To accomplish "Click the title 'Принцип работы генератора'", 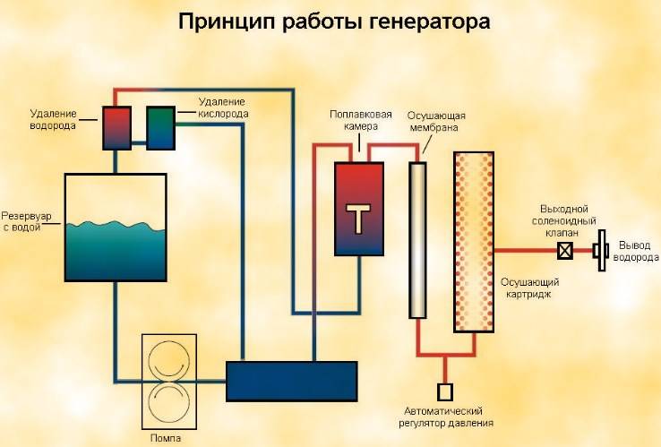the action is point(334,21).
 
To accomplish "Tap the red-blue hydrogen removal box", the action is point(116,128).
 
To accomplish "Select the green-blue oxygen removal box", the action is point(160,128).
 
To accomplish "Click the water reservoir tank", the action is point(116,228).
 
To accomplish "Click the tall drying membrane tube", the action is point(417,240).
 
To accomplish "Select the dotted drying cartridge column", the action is point(474,242).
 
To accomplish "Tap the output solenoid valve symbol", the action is point(565,251).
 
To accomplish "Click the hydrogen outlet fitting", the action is point(600,251).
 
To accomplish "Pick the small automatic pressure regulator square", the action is point(445,391).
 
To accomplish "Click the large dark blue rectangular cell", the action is point(292,382).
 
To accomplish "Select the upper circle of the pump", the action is point(169,360).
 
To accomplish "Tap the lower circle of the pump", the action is point(169,402).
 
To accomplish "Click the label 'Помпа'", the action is point(166,438).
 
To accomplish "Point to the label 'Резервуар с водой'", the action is point(26,222).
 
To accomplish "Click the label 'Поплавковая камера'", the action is point(360,120).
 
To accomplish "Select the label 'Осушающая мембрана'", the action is point(436,122).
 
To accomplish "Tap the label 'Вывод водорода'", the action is point(635,251).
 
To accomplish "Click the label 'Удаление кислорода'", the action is point(223,107).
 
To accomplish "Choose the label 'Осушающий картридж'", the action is point(529,288).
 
